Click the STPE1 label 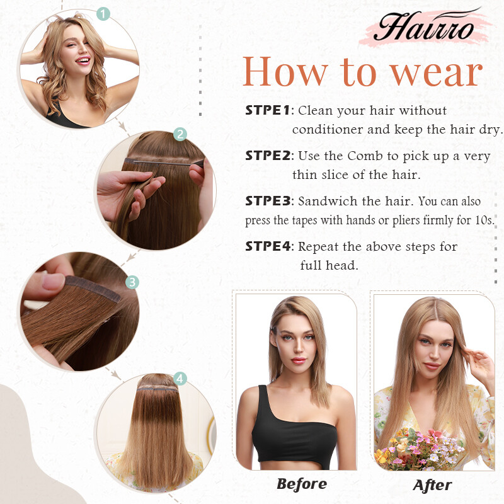point(267,110)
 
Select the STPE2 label point(268,156)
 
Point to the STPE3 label point(268,201)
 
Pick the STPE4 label point(268,246)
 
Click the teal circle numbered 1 point(103,14)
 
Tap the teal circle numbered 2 point(180,134)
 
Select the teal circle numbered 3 point(132,282)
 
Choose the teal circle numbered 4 point(180,379)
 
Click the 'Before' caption point(302,484)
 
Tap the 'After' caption point(432,485)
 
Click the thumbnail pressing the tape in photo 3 point(53,281)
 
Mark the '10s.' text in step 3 point(484,220)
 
